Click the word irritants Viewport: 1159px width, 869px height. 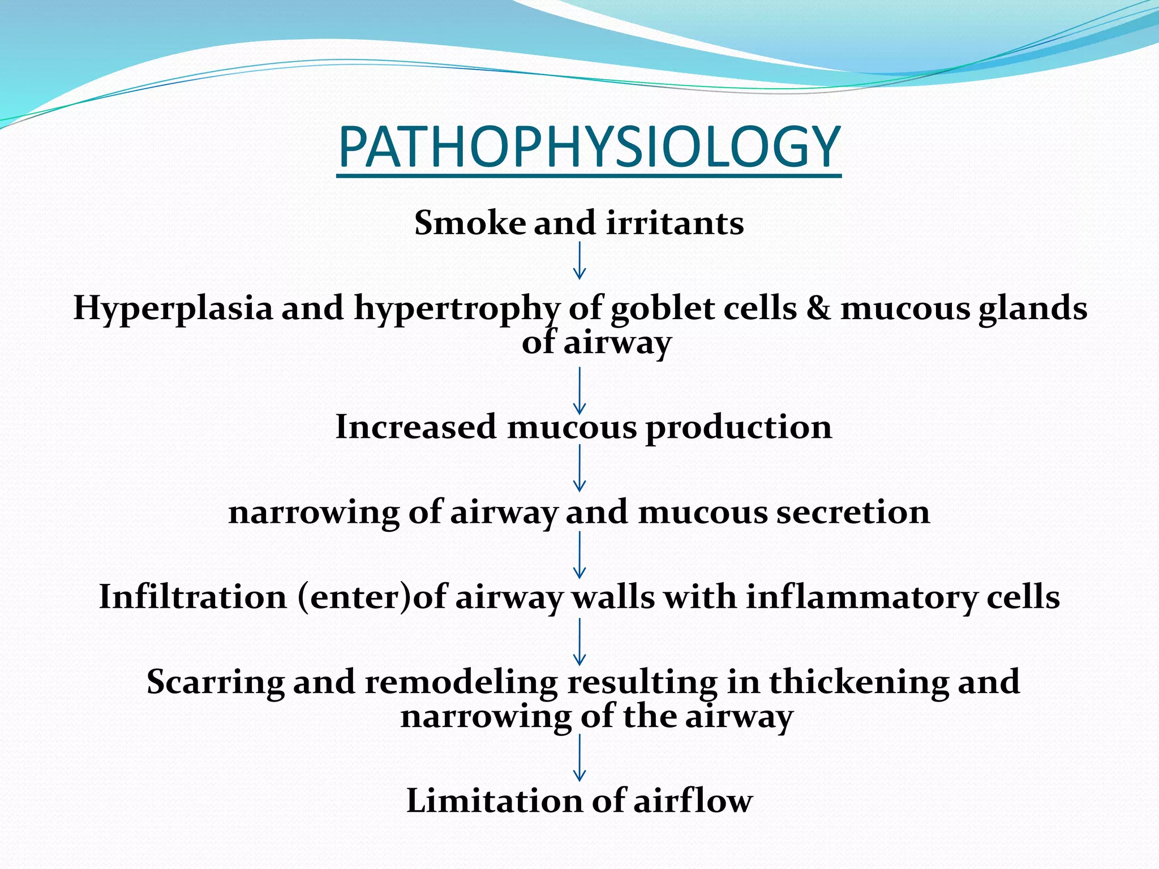(675, 222)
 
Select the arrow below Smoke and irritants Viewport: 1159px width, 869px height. (579, 261)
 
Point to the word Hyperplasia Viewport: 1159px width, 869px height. (173, 309)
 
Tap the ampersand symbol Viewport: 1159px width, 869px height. (818, 309)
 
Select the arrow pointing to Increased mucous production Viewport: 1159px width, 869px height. (579, 390)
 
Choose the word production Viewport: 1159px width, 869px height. (739, 428)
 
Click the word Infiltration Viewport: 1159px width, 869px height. (193, 597)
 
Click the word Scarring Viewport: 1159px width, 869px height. (215, 682)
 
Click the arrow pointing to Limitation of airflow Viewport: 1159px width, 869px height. (579, 758)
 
